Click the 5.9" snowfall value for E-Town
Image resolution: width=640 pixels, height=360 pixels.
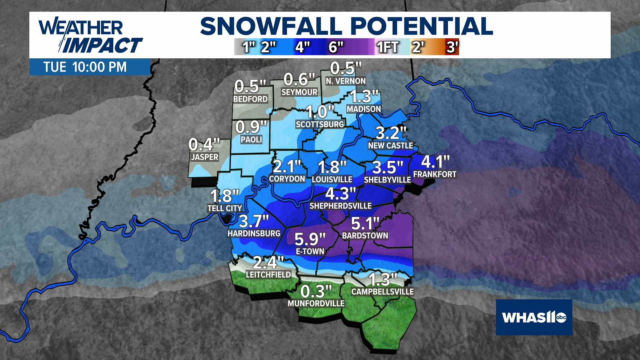[x=310, y=239]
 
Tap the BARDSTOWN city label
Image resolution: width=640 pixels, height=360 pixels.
[x=365, y=236]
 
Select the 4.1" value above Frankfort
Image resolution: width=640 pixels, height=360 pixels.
[x=435, y=162]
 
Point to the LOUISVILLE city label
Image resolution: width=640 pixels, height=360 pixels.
[x=332, y=180]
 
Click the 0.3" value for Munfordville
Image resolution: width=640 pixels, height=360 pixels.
[x=316, y=292]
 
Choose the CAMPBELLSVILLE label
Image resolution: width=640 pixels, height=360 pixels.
[x=382, y=292]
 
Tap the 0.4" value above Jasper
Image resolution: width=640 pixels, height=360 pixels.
[x=204, y=145]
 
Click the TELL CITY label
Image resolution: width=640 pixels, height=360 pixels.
[x=225, y=208]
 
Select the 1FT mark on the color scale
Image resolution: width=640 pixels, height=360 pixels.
[x=388, y=47]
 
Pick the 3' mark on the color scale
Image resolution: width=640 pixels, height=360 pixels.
[x=452, y=47]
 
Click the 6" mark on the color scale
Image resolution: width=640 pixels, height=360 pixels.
[x=336, y=47]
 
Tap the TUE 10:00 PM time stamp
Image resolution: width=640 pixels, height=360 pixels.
[x=85, y=67]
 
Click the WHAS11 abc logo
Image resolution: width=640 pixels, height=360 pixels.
[x=534, y=317]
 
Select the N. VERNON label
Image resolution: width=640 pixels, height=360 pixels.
[x=346, y=81]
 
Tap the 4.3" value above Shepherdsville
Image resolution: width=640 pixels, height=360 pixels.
[x=340, y=194]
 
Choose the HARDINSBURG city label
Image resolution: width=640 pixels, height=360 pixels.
[x=254, y=233]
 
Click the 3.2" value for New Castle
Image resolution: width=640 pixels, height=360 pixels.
[x=391, y=133]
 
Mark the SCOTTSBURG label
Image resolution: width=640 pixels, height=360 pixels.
[x=320, y=124]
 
